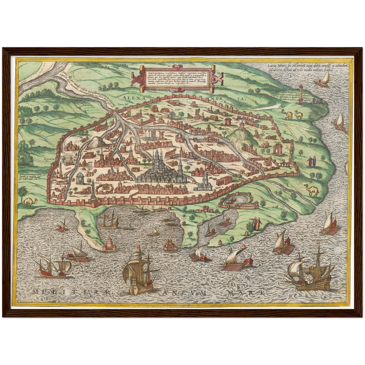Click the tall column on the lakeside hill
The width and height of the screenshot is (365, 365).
click(300, 94)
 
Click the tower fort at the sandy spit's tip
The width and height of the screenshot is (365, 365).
click(109, 244)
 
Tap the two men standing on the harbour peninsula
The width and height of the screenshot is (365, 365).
click(256, 223)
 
